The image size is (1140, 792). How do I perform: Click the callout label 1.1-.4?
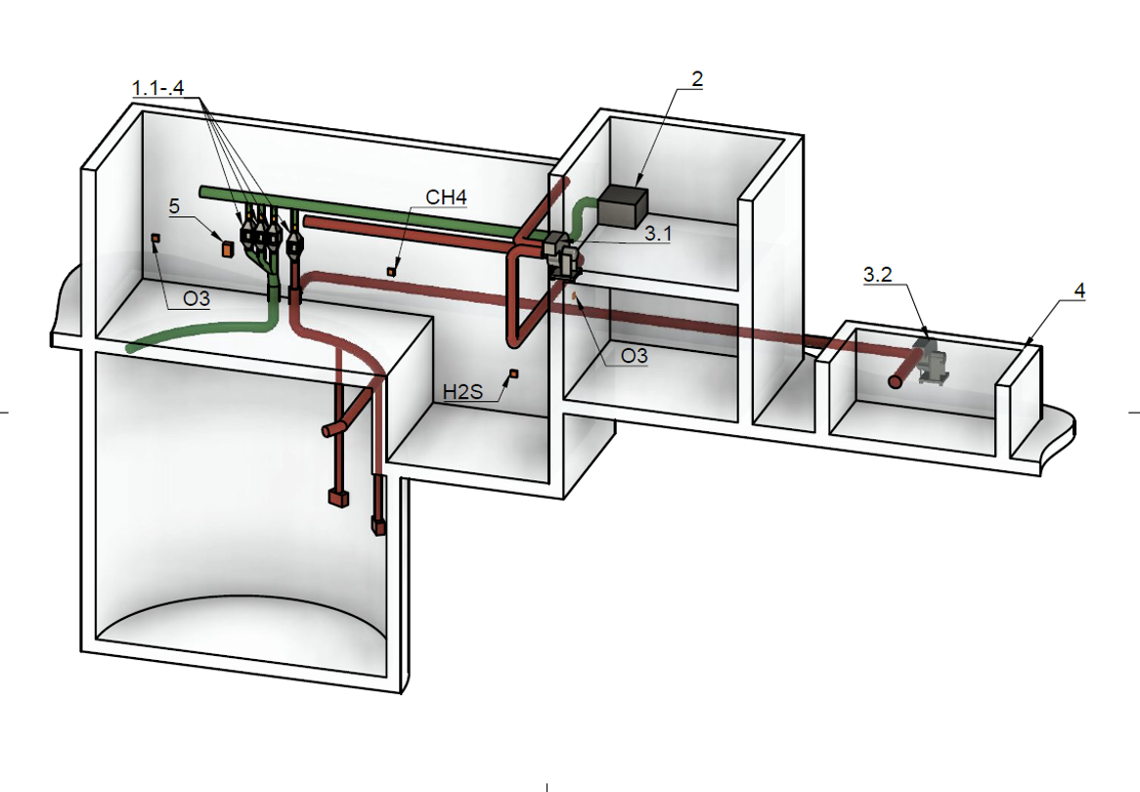(157, 88)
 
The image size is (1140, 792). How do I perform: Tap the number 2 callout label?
(697, 78)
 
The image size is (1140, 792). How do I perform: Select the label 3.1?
(658, 233)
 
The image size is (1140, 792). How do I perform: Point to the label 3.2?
(878, 275)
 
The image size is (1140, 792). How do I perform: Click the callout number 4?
(1079, 291)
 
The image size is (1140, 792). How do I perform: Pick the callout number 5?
(174, 205)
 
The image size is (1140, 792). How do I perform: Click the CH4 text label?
(446, 198)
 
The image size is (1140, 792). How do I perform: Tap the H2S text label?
(463, 392)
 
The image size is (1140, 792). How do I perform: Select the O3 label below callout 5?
(197, 298)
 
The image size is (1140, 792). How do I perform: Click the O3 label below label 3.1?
(634, 355)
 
